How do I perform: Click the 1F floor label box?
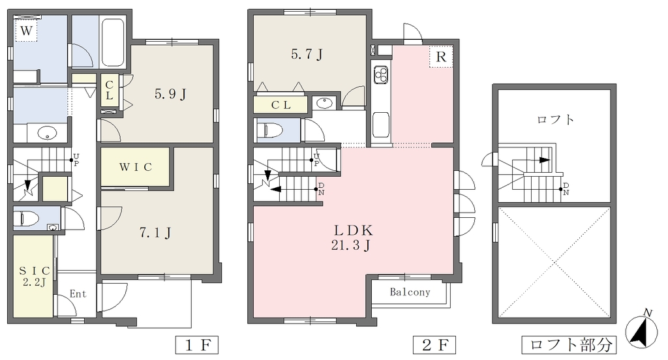pyautogui.click(x=197, y=344)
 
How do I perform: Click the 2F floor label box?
pyautogui.click(x=434, y=344)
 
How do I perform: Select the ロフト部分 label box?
pyautogui.click(x=569, y=344)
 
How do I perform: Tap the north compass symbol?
pyautogui.click(x=641, y=329)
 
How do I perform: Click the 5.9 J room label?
pyautogui.click(x=170, y=94)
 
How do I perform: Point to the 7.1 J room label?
pyautogui.click(x=155, y=233)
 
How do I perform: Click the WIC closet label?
pyautogui.click(x=136, y=167)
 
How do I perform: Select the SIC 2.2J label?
pyautogui.click(x=34, y=276)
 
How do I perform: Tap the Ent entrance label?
pyautogui.click(x=78, y=293)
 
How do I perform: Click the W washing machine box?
pyautogui.click(x=26, y=31)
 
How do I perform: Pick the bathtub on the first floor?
pyautogui.click(x=113, y=42)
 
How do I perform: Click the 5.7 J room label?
pyautogui.click(x=307, y=54)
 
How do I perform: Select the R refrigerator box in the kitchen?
pyautogui.click(x=441, y=57)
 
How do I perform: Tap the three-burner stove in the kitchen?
pyautogui.click(x=381, y=74)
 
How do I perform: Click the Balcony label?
pyautogui.click(x=410, y=292)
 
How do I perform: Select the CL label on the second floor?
pyautogui.click(x=281, y=105)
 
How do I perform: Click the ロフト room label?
pyautogui.click(x=556, y=119)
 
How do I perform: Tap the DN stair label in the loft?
pyautogui.click(x=566, y=188)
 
